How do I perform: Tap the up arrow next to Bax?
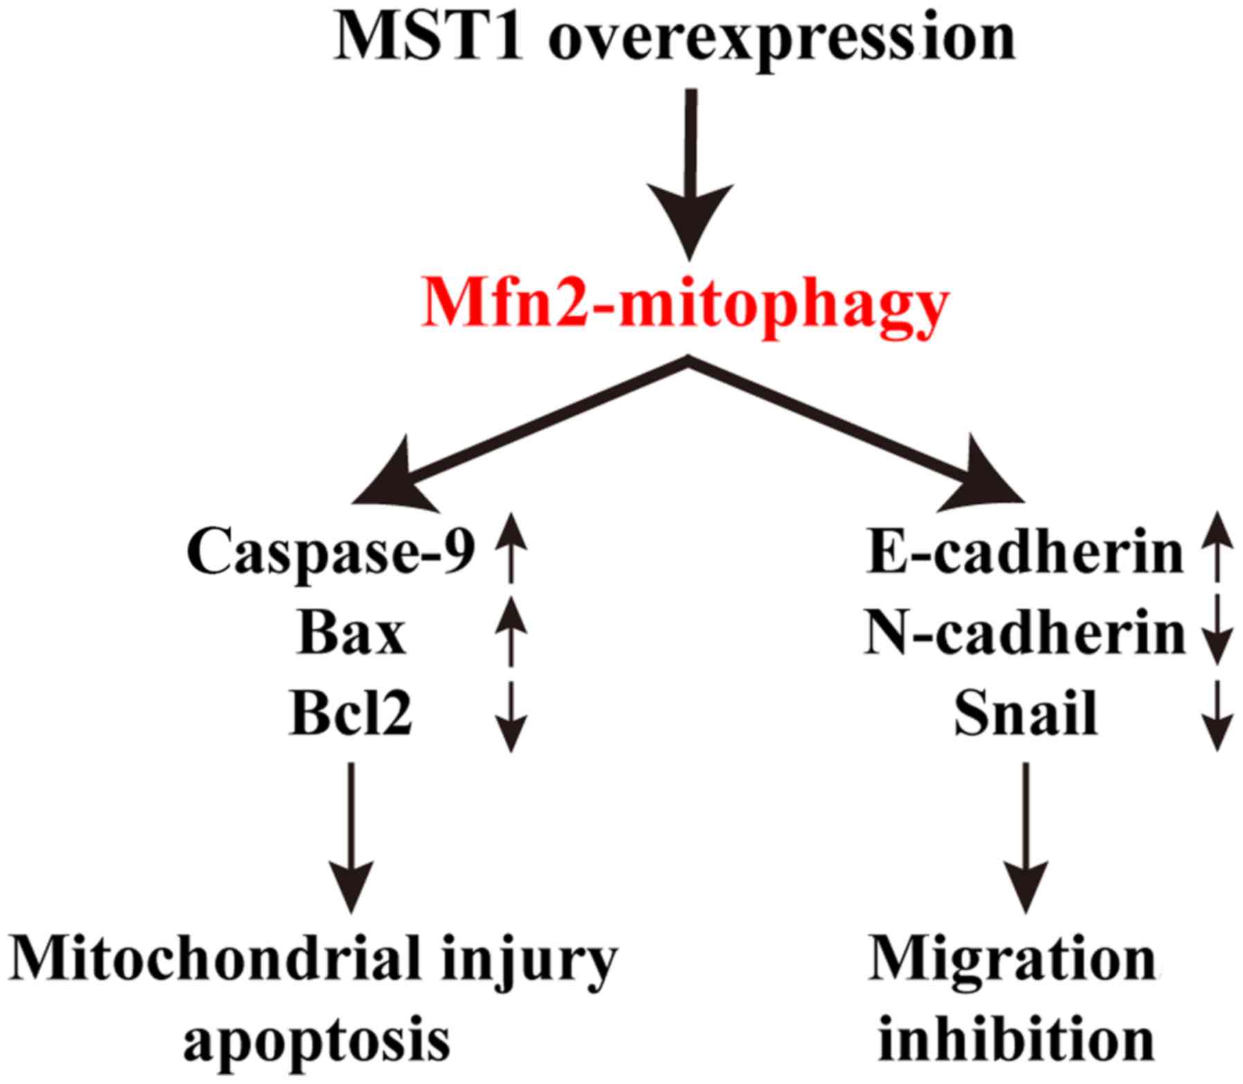click(x=511, y=631)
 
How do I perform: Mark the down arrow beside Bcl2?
click(x=511, y=716)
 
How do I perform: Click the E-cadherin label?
click(x=1025, y=554)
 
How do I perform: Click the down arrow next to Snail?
click(x=1217, y=716)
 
